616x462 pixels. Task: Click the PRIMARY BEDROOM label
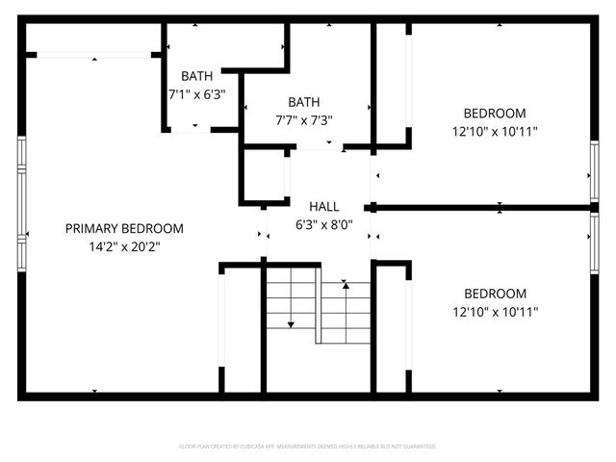coord(123,228)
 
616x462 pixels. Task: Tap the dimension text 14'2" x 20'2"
coord(123,246)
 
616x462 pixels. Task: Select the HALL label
coord(323,206)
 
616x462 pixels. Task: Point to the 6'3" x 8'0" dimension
coord(323,224)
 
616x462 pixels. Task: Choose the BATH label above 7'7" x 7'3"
coord(303,102)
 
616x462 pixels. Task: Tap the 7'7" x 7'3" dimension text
coord(303,120)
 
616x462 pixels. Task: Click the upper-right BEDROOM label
coord(495,112)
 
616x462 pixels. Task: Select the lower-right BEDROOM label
coord(495,294)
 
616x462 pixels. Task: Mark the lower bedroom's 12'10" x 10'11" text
coord(495,312)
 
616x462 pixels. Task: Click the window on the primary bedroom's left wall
coord(21,205)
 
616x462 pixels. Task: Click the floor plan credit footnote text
coord(308,447)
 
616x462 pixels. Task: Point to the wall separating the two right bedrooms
coord(481,207)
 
